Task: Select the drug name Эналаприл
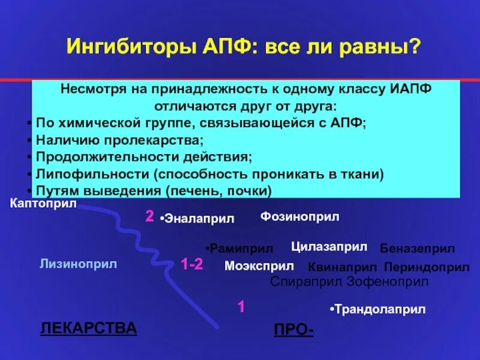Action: tap(198, 220)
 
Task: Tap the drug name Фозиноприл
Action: tap(299, 217)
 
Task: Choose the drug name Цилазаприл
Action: tap(329, 247)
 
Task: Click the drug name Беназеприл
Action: tap(417, 248)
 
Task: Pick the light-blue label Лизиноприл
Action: tap(78, 263)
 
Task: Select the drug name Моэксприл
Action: tap(259, 266)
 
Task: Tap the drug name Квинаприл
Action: tap(342, 268)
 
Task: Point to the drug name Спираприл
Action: tap(307, 281)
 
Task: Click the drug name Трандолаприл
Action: tap(379, 310)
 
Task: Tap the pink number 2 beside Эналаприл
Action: tap(149, 217)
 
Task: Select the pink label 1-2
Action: tap(192, 265)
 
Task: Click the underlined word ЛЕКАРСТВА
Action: tap(88, 328)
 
